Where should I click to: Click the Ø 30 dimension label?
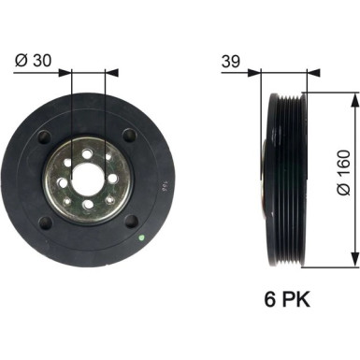coord(33,61)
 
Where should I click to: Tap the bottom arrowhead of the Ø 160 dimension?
coord(353,259)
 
